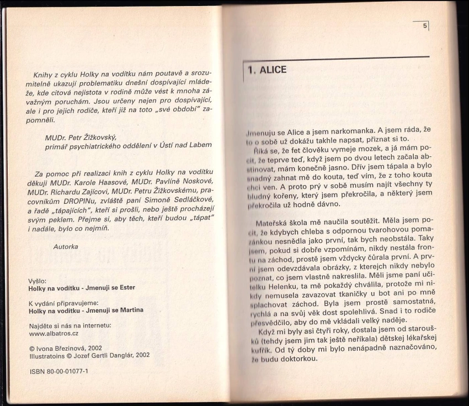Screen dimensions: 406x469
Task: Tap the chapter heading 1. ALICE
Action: click(267, 70)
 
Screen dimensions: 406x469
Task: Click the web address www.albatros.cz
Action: click(54, 334)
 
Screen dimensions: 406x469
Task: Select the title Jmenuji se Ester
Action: click(108, 288)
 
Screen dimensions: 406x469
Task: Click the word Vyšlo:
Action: click(38, 280)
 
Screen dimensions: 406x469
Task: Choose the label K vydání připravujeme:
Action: click(63, 303)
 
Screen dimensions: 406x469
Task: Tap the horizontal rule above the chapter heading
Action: click(337, 57)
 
